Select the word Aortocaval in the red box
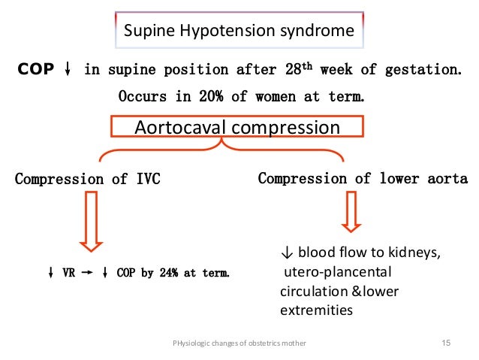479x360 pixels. click(179, 127)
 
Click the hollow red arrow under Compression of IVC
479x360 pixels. click(92, 220)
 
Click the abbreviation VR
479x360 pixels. click(68, 273)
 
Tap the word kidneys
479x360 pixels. click(413, 256)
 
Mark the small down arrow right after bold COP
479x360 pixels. click(68, 70)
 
